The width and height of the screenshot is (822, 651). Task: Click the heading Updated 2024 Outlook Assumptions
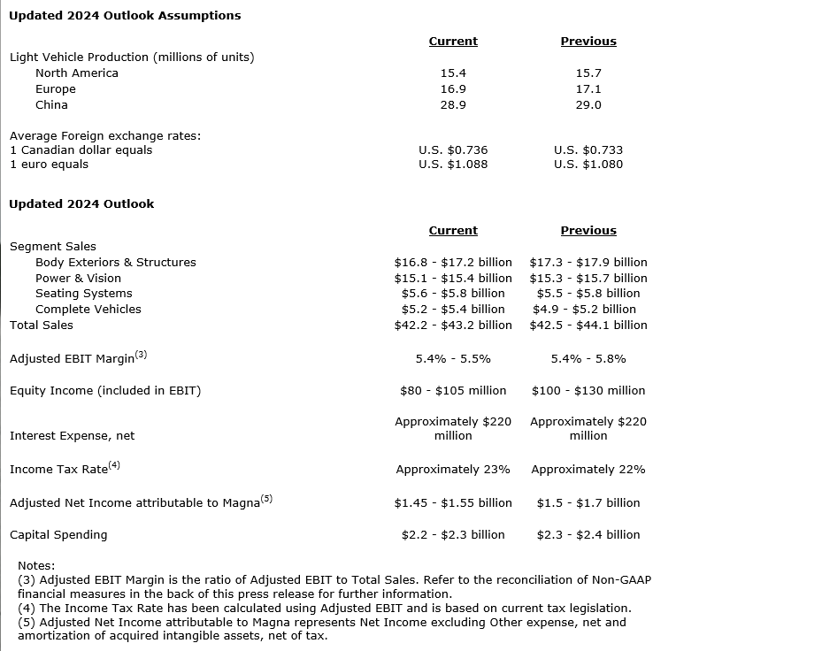tap(125, 15)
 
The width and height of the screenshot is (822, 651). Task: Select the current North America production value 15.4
tap(452, 73)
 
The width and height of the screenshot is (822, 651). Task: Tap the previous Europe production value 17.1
tap(588, 89)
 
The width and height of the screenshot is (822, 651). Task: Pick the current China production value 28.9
tap(452, 105)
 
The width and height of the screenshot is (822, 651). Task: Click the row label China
tap(51, 105)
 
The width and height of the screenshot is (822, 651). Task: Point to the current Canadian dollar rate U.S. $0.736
tap(452, 150)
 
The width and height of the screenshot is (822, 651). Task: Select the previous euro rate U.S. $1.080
tap(588, 165)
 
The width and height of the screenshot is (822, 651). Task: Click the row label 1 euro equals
tap(50, 165)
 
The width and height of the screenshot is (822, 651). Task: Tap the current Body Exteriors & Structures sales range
tap(452, 263)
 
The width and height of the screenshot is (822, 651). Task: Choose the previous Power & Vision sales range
tap(588, 279)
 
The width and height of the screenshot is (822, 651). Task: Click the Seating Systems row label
tap(83, 294)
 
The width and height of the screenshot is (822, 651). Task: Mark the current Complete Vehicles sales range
tap(452, 310)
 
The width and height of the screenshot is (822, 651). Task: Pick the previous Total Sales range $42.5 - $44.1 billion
tap(588, 325)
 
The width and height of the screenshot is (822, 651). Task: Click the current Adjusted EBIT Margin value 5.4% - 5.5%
tap(452, 359)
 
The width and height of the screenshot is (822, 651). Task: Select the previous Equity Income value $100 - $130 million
tap(588, 391)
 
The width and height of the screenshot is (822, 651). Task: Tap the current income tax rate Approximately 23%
tap(452, 470)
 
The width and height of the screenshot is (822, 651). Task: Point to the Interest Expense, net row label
tap(72, 436)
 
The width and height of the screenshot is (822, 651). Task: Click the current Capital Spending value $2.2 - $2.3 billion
tap(452, 535)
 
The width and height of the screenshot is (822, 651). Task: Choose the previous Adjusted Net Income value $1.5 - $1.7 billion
tap(588, 503)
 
